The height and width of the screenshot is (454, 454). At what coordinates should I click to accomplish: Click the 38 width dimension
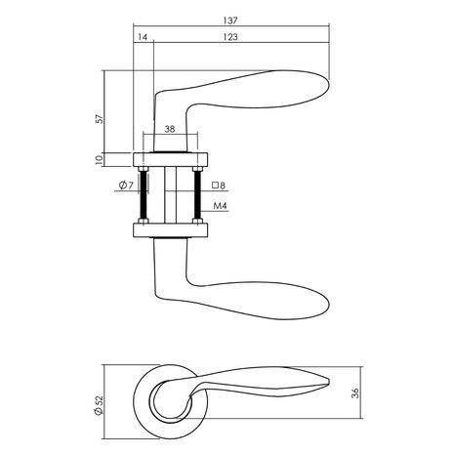coord(171,128)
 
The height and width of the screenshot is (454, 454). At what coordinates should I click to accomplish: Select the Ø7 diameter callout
coord(123,186)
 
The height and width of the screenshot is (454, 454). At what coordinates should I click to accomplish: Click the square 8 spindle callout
coord(219,186)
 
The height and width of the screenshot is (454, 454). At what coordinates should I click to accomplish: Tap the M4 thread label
coord(221,206)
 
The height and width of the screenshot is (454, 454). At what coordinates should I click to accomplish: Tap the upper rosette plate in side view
coord(171,159)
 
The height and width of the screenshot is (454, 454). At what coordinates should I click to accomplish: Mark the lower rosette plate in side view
coord(171,231)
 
